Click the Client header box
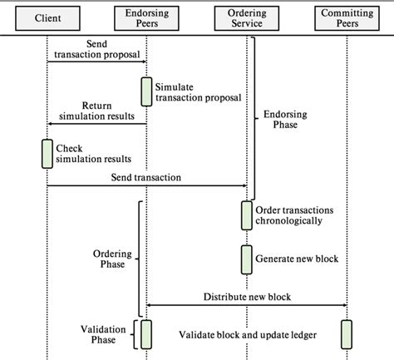point(47,17)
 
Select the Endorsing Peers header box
point(146,17)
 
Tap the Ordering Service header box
point(246,17)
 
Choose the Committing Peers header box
point(346,17)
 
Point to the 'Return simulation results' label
point(97,111)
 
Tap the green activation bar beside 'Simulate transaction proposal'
point(146,91)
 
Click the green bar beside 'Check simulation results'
point(47,153)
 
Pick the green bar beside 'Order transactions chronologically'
point(247,215)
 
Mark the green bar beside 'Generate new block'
point(247,259)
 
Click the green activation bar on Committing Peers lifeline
point(347,334)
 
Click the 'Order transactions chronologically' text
point(301,215)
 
